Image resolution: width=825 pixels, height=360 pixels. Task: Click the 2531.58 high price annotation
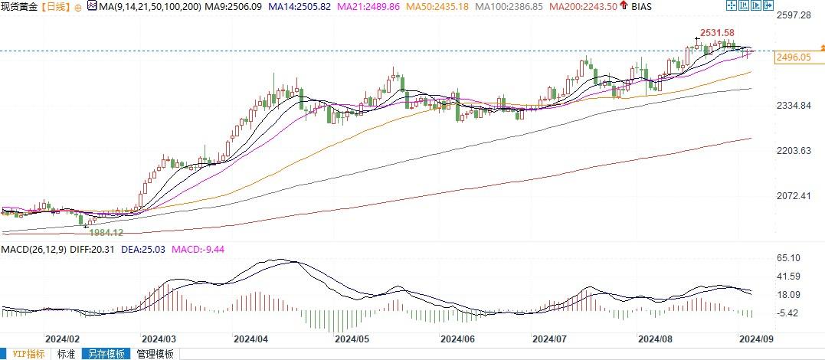(x=717, y=32)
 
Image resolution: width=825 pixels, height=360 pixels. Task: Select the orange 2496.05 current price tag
(x=794, y=57)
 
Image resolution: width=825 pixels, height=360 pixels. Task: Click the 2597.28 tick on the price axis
(x=793, y=15)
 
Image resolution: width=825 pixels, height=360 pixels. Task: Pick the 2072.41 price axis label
(x=793, y=196)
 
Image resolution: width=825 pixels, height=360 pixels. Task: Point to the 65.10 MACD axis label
(x=788, y=258)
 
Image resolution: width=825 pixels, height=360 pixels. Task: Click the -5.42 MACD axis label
(x=788, y=313)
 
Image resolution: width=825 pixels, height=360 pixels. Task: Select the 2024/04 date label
(x=250, y=338)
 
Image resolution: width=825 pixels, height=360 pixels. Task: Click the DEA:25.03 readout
(x=126, y=248)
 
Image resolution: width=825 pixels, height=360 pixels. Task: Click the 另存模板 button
(x=106, y=354)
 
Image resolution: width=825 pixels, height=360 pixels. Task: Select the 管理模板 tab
(x=156, y=354)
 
